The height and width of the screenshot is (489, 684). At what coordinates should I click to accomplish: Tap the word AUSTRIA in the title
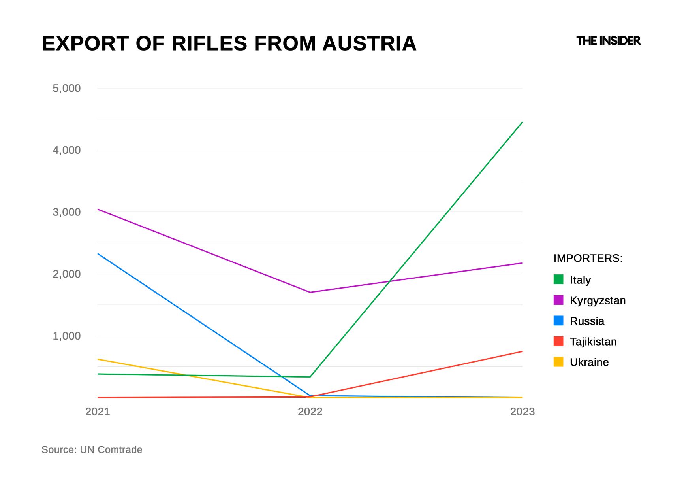(369, 43)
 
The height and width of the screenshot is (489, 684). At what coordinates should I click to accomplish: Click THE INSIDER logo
(608, 41)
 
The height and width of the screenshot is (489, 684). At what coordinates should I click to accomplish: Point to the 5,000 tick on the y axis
(66, 88)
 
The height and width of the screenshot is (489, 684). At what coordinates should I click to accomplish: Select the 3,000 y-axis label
(66, 212)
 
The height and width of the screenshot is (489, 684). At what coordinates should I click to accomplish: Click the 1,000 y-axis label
(66, 336)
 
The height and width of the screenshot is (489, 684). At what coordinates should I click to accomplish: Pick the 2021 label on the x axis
(98, 412)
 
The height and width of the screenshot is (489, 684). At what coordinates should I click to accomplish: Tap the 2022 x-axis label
(310, 412)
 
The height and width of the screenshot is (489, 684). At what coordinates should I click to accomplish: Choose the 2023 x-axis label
(522, 412)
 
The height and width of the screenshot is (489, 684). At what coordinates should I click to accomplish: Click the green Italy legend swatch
(558, 279)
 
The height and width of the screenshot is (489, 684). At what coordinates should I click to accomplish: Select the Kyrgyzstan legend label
(598, 300)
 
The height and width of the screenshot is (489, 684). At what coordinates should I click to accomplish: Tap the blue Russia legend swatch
(558, 321)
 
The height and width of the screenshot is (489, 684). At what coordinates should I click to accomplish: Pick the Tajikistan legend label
(593, 342)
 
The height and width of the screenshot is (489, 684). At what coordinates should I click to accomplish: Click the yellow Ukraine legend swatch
(558, 362)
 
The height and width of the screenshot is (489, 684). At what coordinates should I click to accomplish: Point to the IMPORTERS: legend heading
(588, 258)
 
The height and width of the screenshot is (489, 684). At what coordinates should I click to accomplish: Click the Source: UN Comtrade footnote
(92, 450)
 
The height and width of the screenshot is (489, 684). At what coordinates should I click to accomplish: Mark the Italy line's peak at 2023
(522, 122)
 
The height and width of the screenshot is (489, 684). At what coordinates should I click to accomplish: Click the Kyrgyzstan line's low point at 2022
(310, 292)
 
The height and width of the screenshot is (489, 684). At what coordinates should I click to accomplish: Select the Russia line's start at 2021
(98, 254)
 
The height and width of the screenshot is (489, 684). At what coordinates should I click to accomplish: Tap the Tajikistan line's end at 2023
(522, 351)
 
